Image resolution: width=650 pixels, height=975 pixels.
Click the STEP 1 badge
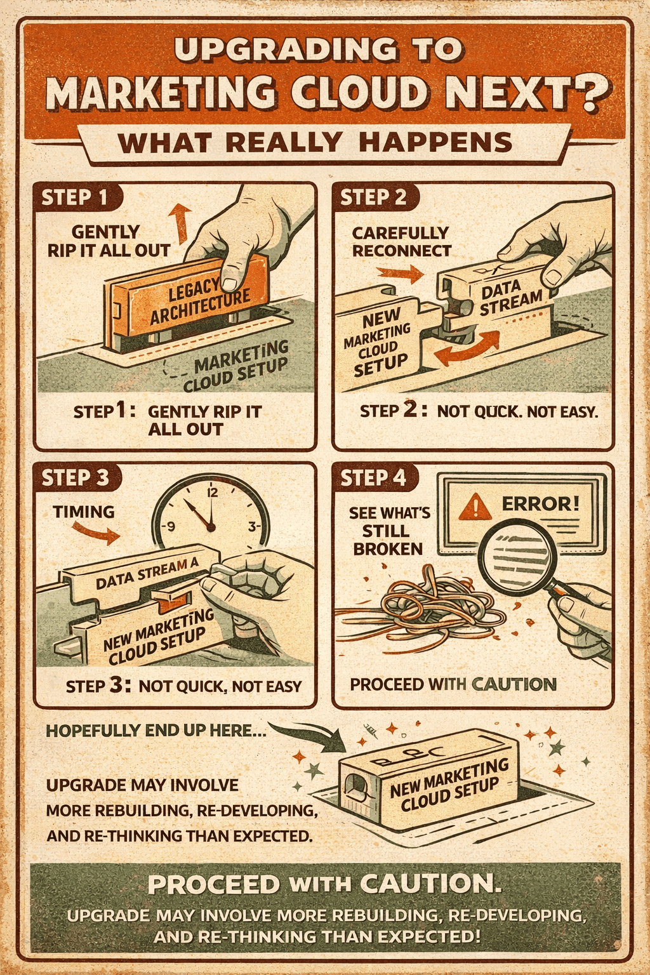(74, 197)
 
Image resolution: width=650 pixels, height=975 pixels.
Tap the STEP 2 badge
(373, 197)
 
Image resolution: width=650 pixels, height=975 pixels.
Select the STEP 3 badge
(75, 477)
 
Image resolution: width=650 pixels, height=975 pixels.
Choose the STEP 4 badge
(373, 477)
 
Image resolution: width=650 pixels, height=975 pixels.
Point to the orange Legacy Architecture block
(190, 302)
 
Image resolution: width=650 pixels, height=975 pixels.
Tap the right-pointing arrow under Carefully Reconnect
(400, 274)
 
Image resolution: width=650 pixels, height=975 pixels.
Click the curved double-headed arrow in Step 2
(467, 348)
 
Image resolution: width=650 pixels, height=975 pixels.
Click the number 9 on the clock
(169, 526)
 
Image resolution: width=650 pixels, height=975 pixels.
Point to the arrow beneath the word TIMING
(95, 533)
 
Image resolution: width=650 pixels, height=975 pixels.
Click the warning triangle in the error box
(475, 507)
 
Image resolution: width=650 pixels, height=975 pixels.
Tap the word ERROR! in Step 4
(540, 504)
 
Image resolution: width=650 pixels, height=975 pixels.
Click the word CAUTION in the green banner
(430, 884)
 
